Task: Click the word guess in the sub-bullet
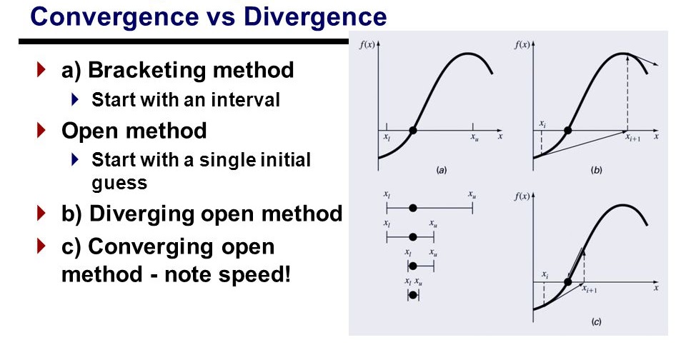(119, 182)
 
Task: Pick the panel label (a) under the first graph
(442, 171)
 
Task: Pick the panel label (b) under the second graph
(597, 171)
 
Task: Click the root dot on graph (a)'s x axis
(412, 131)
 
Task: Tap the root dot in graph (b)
(568, 131)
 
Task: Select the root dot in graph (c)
(567, 282)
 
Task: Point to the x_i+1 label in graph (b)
(632, 139)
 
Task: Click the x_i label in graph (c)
(545, 274)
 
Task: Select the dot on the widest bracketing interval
(412, 208)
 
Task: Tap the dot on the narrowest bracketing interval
(412, 294)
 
